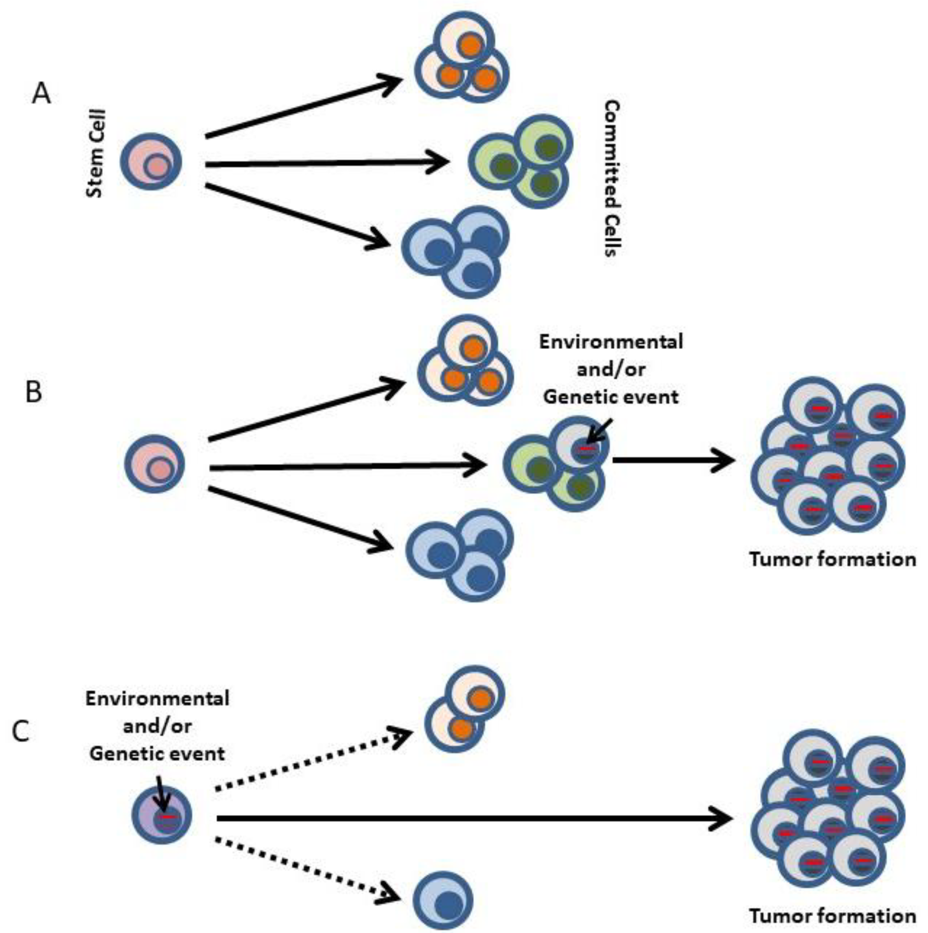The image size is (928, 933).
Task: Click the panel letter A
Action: tap(42, 94)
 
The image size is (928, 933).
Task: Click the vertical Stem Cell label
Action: tap(95, 154)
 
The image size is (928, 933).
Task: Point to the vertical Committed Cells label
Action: tap(612, 178)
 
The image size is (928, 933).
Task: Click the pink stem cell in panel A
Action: tap(151, 161)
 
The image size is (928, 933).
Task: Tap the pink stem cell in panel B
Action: tap(155, 464)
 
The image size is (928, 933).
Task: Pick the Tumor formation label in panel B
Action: tap(833, 559)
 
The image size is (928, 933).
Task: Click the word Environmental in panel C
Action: tap(157, 698)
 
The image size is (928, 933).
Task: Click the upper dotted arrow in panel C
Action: tap(314, 759)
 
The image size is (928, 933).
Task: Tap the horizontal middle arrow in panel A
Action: tap(327, 164)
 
